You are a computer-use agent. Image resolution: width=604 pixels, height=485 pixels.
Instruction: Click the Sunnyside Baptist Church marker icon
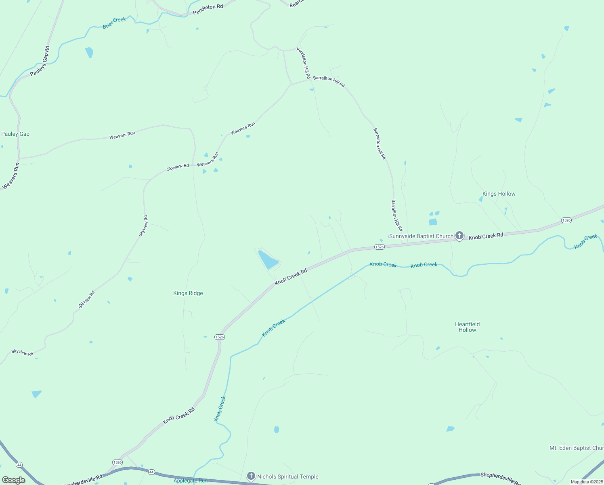pos(459,235)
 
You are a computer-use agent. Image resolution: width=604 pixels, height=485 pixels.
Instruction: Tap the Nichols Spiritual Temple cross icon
pos(251,476)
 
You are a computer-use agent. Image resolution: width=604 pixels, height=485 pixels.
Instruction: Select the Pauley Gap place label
pos(15,134)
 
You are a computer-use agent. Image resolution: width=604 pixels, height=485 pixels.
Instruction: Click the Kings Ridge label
pos(188,293)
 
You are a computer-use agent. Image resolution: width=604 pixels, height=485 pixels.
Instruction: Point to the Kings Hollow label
pos(499,194)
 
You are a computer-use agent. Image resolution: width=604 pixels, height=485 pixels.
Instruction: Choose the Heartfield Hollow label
pos(467,327)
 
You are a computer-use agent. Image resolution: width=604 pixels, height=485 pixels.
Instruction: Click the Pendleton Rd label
pos(208,10)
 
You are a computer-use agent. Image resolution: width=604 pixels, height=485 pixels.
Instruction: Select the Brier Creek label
pos(114,23)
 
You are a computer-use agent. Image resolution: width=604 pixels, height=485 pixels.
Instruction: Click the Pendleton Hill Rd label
pos(304,63)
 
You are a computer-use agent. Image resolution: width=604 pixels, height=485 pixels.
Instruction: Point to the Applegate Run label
pos(191,481)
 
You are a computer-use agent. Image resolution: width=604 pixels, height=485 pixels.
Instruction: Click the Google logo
pos(14,480)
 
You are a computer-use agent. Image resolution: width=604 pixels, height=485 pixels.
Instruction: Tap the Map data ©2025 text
pos(587,482)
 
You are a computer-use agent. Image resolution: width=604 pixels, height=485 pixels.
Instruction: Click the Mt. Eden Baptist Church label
pos(577,448)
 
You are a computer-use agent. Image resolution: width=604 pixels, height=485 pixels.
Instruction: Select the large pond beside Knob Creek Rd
pos(268,259)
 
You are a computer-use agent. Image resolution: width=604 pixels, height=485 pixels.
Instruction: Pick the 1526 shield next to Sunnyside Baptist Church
pos(379,247)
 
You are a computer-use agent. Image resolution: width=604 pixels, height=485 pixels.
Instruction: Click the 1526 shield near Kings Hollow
pos(566,220)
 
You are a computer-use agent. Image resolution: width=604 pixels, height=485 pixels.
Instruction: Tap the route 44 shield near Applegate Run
pos(151,472)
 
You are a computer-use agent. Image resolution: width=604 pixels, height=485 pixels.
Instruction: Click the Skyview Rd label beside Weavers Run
pos(178,167)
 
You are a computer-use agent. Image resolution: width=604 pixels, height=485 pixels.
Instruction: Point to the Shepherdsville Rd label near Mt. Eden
pos(500,478)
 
